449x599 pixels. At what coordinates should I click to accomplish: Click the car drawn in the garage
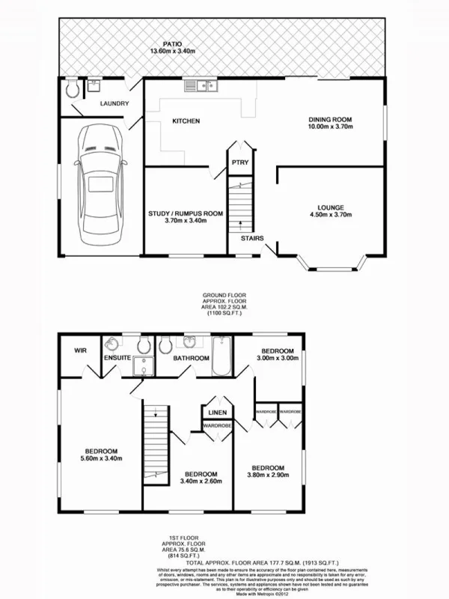click(98, 180)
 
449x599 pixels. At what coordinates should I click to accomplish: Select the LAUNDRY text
click(114, 104)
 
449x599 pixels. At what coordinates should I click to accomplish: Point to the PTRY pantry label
click(240, 162)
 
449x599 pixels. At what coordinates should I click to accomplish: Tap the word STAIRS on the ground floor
click(251, 238)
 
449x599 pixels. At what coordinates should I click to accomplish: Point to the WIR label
click(80, 350)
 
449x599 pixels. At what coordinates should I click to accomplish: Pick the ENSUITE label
click(117, 359)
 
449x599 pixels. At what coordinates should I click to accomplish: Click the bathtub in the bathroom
click(222, 358)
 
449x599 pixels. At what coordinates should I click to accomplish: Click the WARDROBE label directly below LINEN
click(216, 426)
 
